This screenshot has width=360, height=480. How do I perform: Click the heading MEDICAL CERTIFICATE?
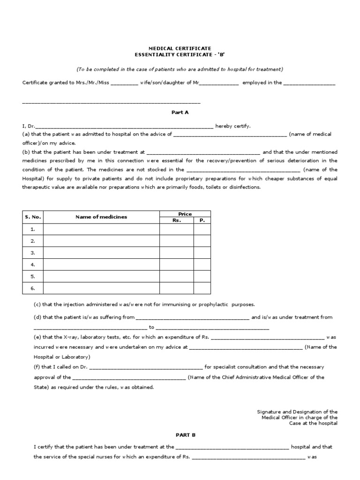180,48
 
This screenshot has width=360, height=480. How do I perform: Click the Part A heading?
180,112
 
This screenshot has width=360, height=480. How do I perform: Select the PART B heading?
180,435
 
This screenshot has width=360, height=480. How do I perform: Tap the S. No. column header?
33,217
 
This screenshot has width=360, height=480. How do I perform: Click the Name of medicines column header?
101,217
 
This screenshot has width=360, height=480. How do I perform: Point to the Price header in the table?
185,214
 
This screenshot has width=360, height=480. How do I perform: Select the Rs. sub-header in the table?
177,220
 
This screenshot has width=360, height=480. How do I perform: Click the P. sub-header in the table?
202,220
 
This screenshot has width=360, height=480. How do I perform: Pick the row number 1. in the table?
33,229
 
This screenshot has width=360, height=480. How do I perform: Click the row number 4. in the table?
33,264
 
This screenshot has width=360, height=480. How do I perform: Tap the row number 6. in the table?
33,288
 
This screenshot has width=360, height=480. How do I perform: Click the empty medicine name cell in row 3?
101,253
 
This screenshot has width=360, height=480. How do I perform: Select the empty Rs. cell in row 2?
177,241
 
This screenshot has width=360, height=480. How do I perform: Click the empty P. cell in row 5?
202,276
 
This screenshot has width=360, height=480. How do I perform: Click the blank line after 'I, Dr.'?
124,126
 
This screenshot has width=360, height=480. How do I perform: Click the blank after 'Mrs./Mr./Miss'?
124,83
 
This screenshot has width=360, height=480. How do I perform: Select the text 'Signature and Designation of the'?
297,411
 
